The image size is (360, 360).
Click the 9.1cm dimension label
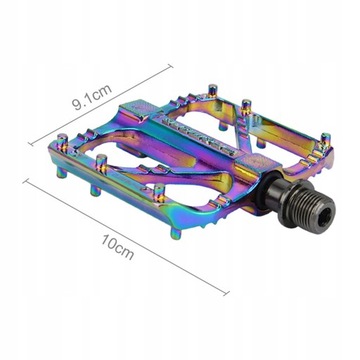tap(92, 97)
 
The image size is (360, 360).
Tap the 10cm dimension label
tap(118, 247)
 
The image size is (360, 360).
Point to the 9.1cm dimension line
tap(101, 105)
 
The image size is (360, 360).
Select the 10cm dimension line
tap(126, 237)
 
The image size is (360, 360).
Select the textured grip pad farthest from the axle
tap(139, 109)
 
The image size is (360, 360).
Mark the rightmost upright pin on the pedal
tap(325, 139)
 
